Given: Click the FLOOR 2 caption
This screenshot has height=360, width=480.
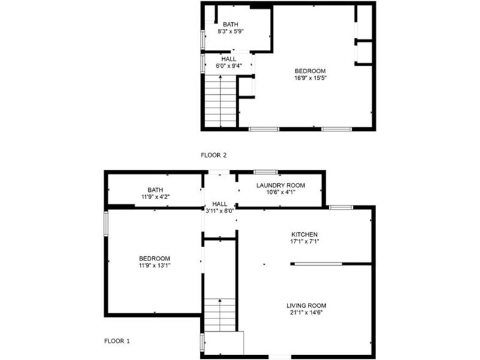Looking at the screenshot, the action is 214,155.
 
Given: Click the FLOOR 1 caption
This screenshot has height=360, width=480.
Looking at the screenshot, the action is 117,341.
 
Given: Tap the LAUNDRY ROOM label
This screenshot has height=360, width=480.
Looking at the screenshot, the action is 280,185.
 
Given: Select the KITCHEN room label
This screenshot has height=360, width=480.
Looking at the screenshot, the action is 304,235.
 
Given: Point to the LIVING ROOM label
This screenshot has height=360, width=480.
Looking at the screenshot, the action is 306,305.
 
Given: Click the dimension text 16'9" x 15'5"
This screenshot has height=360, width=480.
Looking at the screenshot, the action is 310,78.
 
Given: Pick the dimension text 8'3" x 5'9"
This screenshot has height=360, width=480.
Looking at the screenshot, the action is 230,31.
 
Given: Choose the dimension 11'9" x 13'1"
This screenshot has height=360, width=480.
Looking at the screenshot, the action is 154,265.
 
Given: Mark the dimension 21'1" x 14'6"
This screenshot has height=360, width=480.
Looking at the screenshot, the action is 306,313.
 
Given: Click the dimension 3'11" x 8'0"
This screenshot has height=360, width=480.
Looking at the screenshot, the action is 220,211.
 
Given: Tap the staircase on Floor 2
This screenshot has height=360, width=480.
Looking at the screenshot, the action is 220,101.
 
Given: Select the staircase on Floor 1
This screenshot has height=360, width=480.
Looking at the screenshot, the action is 220,314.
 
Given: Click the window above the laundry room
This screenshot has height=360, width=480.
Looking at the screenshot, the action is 266,172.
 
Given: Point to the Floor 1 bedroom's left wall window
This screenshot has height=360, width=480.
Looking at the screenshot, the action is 106,224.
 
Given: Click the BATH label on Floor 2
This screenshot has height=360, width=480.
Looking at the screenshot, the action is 230,24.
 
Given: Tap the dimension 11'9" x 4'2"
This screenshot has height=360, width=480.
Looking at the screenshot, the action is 155,197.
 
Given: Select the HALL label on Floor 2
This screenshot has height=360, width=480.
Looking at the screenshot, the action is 229,59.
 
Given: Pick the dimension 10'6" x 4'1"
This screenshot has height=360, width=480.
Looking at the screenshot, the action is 280,192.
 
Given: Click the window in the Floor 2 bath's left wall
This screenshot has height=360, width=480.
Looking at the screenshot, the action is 203,40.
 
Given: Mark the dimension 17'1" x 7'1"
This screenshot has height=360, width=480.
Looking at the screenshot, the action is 304,242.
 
